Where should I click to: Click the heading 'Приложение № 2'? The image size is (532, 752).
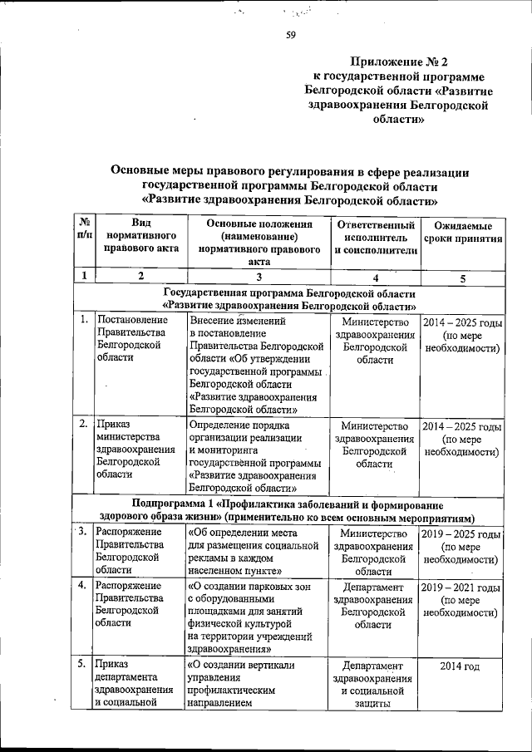click(x=400, y=61)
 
